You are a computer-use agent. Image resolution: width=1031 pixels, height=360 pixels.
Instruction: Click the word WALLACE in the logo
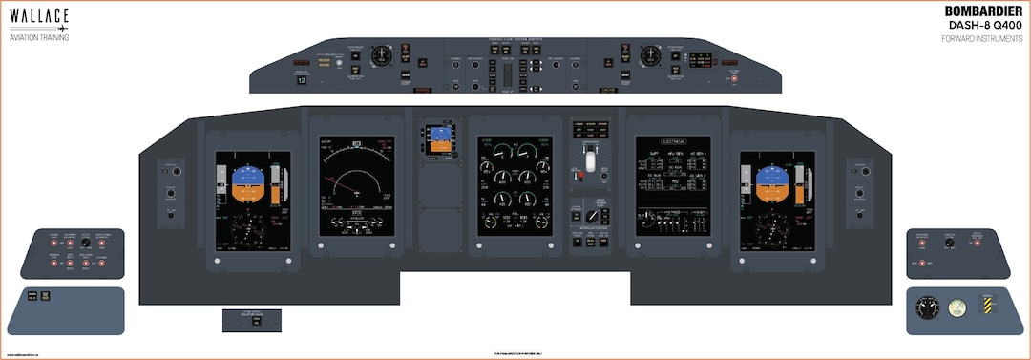click(39, 15)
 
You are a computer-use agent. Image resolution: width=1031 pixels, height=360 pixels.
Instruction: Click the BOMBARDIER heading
click(983, 11)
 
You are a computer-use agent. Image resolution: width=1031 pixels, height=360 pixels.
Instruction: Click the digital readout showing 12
click(302, 81)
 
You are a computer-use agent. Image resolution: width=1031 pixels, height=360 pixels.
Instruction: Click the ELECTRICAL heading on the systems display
click(673, 139)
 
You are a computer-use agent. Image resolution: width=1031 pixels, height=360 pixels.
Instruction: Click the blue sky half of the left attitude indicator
click(247, 175)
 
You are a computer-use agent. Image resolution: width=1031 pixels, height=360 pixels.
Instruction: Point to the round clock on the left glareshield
click(384, 54)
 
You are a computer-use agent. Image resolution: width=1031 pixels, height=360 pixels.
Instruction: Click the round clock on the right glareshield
click(651, 54)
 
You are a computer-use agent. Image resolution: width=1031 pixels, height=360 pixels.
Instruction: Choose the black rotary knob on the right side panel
click(949, 243)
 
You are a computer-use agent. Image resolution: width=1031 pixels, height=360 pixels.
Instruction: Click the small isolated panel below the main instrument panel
click(254, 321)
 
